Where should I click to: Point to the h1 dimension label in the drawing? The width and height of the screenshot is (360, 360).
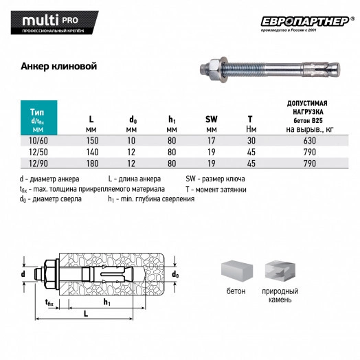[x=106, y=301]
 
